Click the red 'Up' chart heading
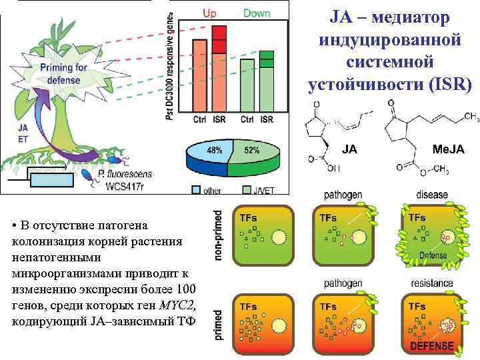[x=209, y=13]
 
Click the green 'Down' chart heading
[x=257, y=13]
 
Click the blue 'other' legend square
[x=196, y=190]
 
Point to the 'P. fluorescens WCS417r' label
[x=123, y=179]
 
